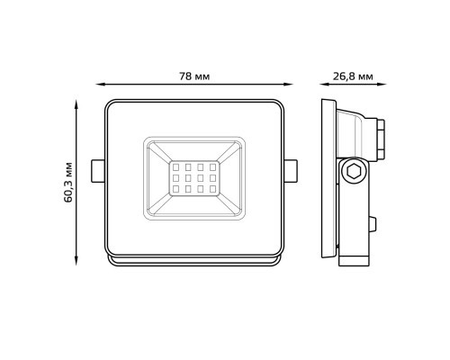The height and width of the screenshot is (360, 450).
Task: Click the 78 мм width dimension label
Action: point(194,76)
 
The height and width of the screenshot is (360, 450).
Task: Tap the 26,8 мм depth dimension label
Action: point(353,76)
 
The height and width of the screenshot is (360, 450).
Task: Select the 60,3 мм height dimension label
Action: point(68,183)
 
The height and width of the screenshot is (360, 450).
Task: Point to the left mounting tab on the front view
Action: point(98,171)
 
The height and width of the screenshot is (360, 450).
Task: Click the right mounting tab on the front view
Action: point(291,171)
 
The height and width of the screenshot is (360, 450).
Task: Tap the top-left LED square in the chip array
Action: point(176,166)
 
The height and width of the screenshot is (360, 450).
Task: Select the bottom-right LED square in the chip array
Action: point(212,189)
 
